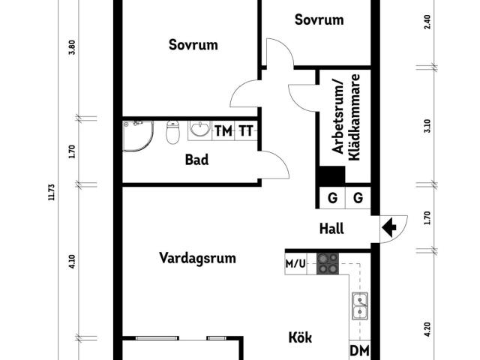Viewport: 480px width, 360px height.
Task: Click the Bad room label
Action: (x=196, y=160)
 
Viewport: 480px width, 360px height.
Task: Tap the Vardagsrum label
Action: (x=197, y=258)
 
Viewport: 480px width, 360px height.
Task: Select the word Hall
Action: (x=331, y=229)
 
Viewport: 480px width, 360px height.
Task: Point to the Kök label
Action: (x=300, y=337)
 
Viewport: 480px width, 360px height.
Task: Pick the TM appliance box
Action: (x=223, y=130)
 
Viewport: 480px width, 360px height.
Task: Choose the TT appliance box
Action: (x=246, y=130)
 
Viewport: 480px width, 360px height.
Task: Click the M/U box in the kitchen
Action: (x=295, y=264)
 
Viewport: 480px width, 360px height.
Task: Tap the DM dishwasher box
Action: (x=358, y=351)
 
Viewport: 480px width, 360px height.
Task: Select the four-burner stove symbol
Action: (x=328, y=263)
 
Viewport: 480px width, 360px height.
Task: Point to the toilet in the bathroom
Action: (x=172, y=133)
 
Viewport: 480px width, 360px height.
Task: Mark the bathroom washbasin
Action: (x=199, y=130)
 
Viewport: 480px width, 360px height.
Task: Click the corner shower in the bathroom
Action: (x=136, y=135)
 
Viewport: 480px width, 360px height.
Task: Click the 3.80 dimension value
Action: (x=73, y=58)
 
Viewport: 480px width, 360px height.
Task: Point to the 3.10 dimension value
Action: (x=427, y=125)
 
